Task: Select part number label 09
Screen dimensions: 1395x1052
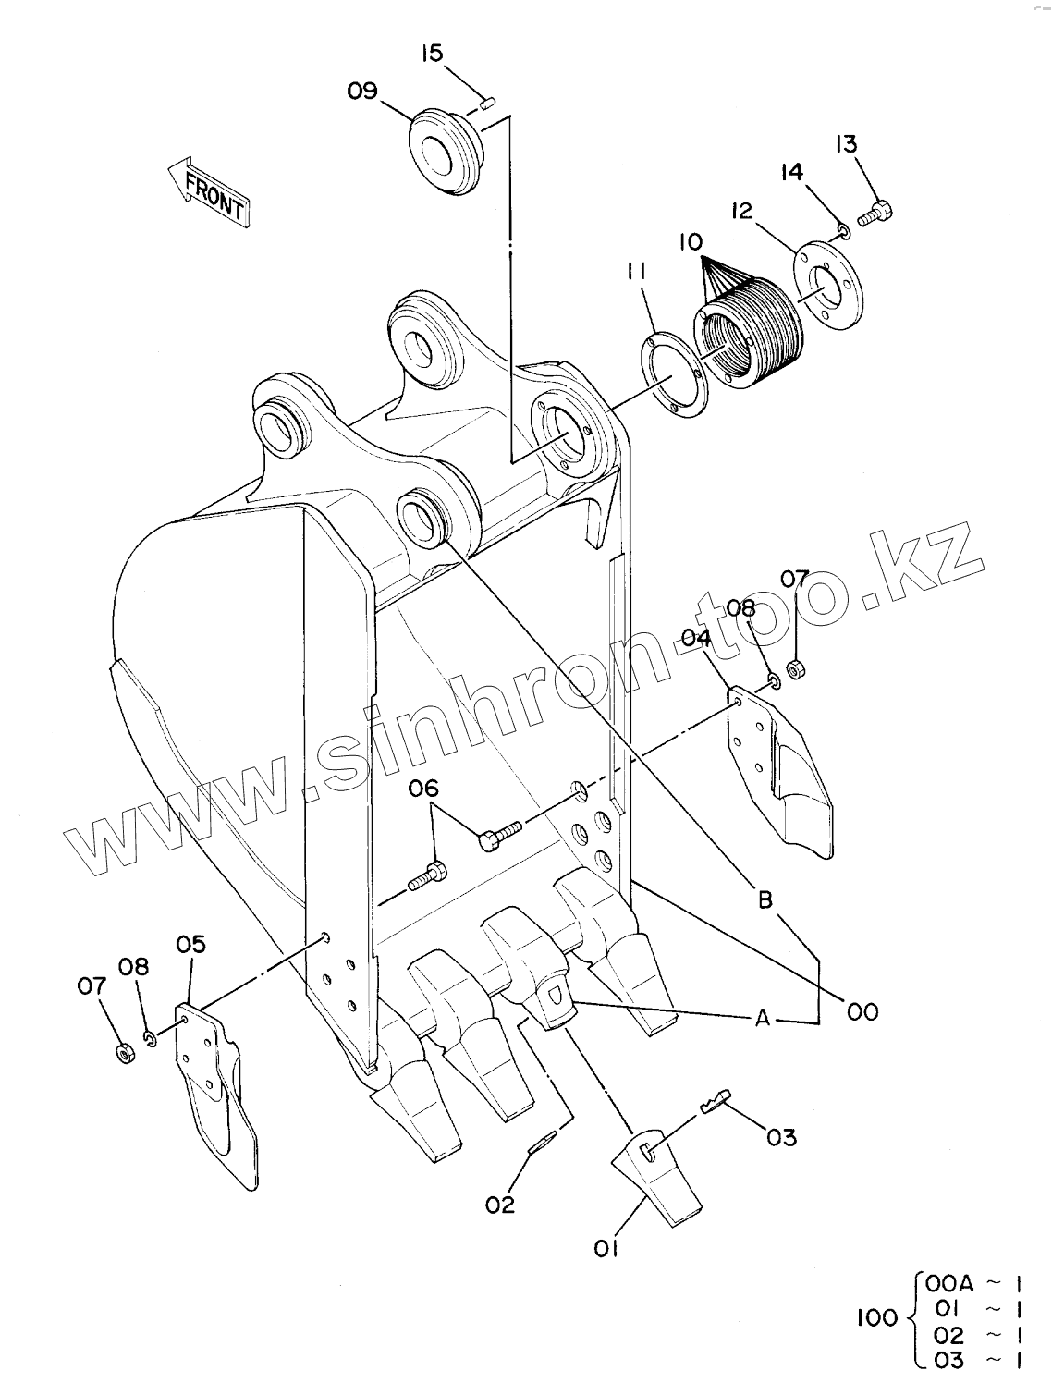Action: click(x=363, y=91)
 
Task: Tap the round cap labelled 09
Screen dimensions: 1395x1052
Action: click(x=444, y=152)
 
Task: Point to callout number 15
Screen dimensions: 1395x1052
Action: click(x=432, y=53)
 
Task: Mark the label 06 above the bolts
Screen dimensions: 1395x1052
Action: click(x=424, y=789)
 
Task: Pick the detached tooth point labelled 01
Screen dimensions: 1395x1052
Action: click(x=657, y=1174)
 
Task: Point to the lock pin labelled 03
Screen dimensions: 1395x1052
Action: click(x=716, y=1100)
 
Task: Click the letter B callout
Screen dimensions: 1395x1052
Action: click(x=765, y=899)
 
